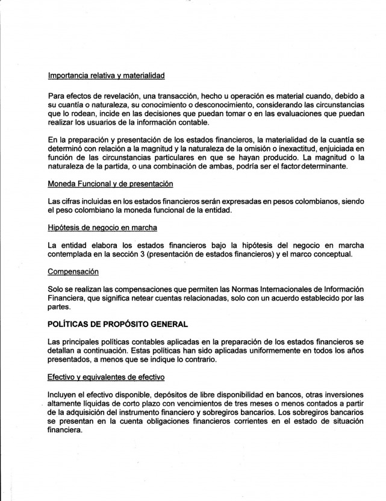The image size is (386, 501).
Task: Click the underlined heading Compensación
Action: [72, 271]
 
